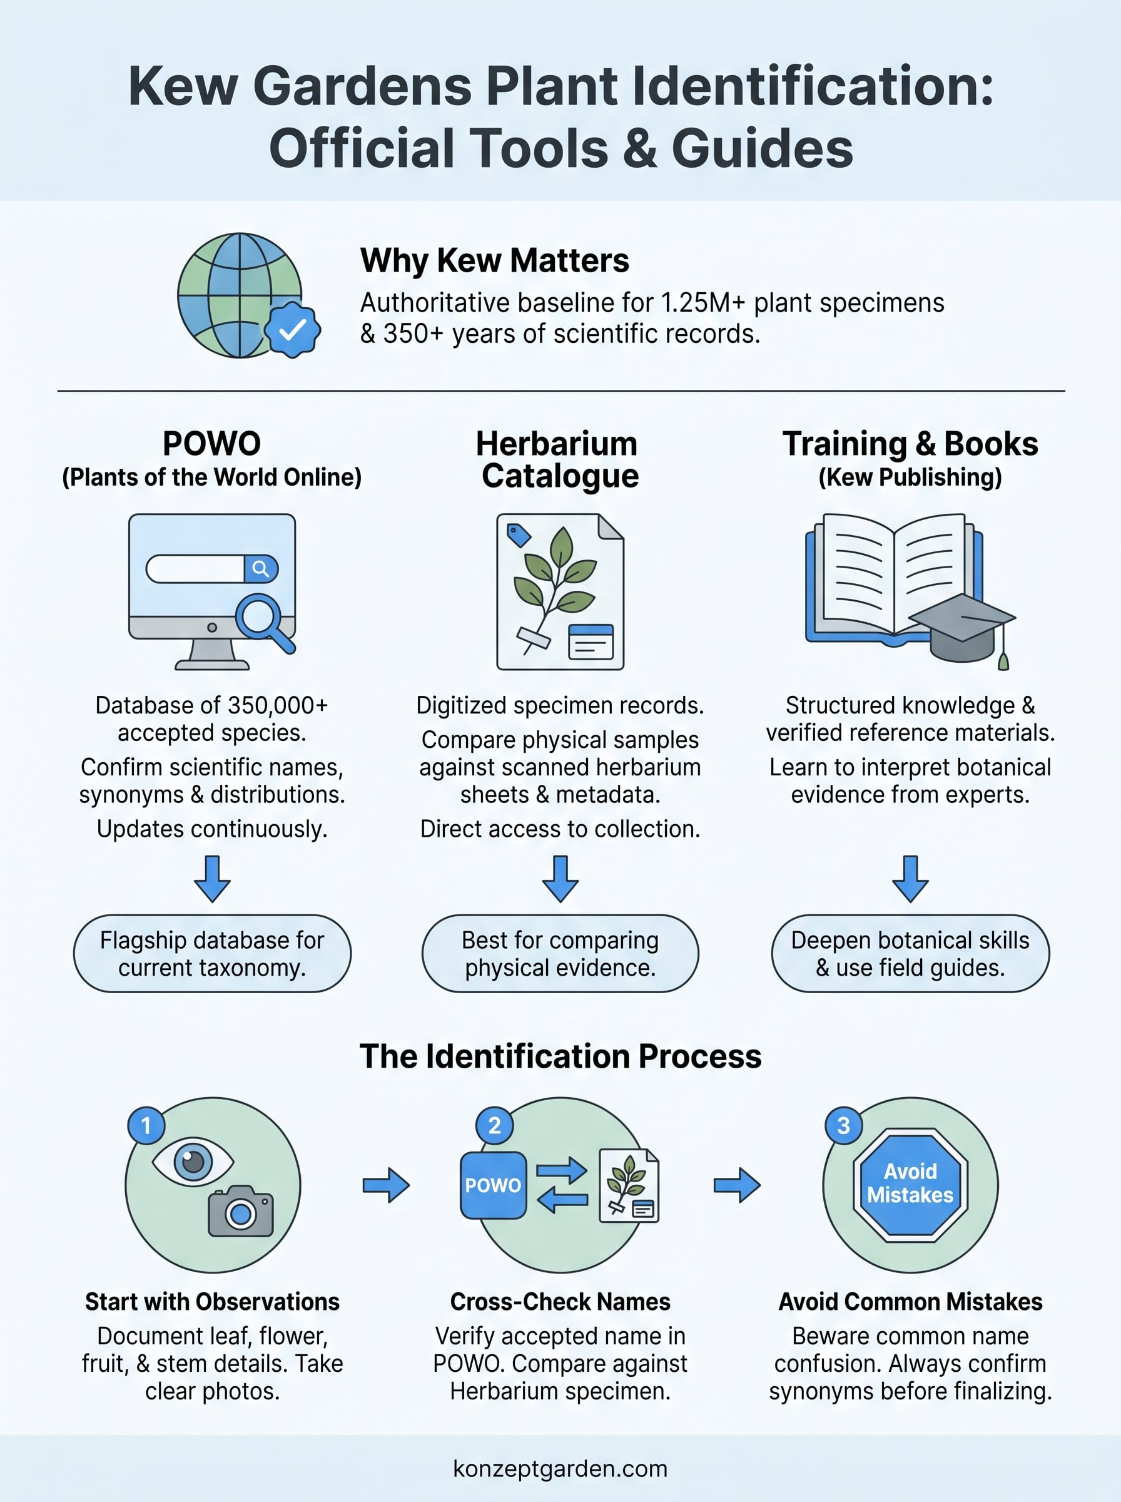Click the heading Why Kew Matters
[x=495, y=260]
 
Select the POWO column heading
[x=211, y=444]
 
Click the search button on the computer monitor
[x=261, y=569]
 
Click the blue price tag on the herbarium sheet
[x=519, y=536]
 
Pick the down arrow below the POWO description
[x=213, y=879]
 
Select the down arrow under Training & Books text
[x=911, y=879]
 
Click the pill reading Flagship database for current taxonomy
[x=213, y=954]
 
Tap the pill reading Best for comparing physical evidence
[x=560, y=954]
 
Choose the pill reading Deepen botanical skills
[x=911, y=954]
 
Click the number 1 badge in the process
[x=146, y=1125]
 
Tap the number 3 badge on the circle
[x=843, y=1125]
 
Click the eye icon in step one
[x=193, y=1162]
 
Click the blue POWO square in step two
[x=494, y=1185]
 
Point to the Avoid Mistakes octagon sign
[x=911, y=1185]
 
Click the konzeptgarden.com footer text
[x=560, y=1469]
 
